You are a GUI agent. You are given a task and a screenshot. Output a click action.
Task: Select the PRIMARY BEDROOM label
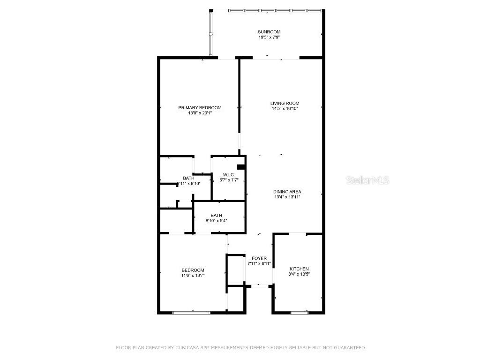click(x=200, y=108)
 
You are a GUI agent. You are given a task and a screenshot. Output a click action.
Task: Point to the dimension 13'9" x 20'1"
click(x=200, y=113)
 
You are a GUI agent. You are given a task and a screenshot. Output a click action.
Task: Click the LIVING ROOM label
click(x=285, y=103)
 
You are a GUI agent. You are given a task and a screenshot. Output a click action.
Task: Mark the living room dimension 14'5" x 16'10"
click(x=285, y=108)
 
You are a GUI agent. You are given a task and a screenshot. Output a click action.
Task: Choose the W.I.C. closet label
click(x=229, y=175)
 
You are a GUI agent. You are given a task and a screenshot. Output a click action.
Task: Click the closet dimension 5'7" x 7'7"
click(x=229, y=180)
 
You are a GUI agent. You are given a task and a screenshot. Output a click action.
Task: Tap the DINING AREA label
click(x=287, y=192)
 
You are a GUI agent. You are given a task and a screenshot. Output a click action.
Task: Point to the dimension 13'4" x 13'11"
click(x=287, y=197)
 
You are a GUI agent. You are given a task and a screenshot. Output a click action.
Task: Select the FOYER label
click(x=259, y=258)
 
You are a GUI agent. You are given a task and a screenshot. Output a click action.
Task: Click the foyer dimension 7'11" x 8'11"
click(x=259, y=263)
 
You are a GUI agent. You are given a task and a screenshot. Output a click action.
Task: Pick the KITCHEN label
click(x=299, y=269)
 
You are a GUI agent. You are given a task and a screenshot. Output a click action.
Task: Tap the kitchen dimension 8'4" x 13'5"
click(x=299, y=274)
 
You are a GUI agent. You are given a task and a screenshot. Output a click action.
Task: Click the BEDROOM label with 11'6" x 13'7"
click(x=193, y=270)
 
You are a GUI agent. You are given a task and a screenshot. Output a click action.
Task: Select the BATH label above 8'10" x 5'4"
click(x=216, y=215)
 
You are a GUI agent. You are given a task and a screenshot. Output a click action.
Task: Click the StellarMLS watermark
click(x=367, y=180)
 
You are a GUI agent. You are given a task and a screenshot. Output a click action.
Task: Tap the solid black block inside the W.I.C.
click(x=241, y=166)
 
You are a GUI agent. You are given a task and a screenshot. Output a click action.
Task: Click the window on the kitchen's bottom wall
click(x=299, y=312)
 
